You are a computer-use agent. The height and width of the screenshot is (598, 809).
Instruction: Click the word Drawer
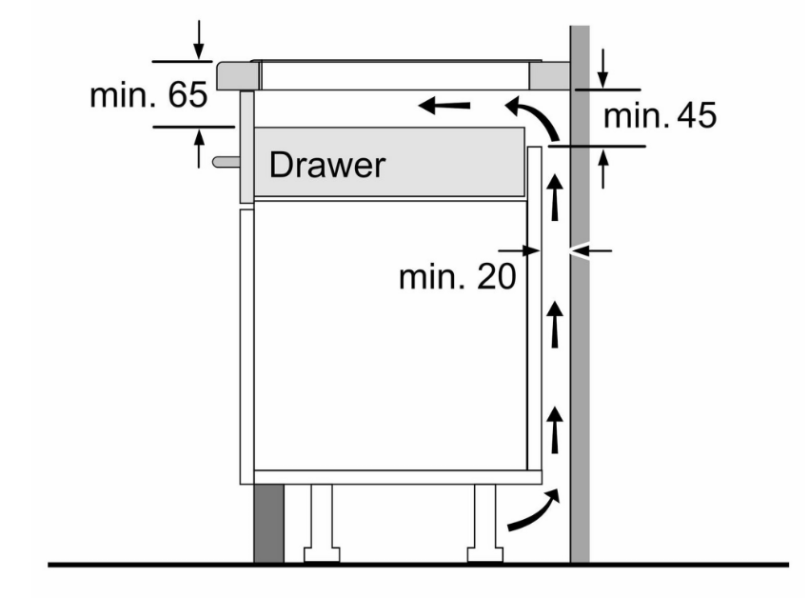click(327, 166)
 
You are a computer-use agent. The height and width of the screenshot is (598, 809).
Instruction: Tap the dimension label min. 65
click(148, 94)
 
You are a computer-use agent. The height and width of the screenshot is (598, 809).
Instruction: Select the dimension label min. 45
click(660, 115)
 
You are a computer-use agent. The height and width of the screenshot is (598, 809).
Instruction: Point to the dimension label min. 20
click(457, 276)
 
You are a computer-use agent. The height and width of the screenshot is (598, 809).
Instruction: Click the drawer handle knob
click(226, 162)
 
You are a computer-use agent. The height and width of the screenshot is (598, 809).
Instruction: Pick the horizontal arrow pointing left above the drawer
click(444, 106)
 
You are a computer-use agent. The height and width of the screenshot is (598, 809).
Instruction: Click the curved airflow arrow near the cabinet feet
click(534, 509)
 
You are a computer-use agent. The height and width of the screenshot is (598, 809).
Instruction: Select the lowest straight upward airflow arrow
click(555, 429)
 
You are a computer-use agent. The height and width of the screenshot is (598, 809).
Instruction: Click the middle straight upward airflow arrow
click(555, 325)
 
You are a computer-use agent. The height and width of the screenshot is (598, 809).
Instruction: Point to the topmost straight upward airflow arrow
click(555, 197)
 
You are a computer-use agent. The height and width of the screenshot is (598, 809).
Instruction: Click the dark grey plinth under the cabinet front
click(268, 523)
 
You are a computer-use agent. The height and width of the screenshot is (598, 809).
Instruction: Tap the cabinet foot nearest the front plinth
click(322, 523)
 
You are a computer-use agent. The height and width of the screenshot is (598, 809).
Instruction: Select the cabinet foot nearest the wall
click(485, 523)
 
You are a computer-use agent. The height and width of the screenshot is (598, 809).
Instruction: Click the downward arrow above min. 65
click(199, 39)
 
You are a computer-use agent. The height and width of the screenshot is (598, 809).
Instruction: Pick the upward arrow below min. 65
click(199, 149)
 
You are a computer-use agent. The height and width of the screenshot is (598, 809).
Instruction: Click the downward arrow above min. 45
click(602, 68)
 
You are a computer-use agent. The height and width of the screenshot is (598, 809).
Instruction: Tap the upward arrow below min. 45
click(603, 169)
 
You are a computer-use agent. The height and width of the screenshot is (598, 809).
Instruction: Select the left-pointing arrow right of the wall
click(590, 251)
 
